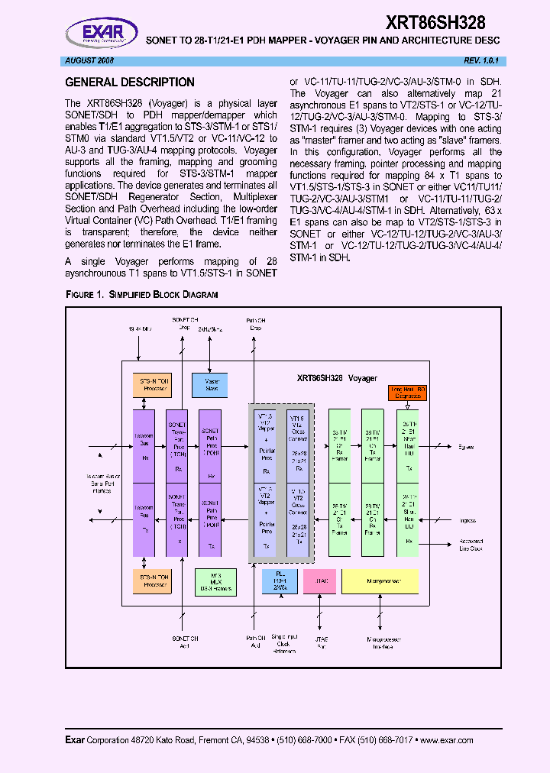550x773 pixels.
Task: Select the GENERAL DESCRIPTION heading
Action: click(130, 82)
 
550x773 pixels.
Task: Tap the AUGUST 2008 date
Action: click(88, 60)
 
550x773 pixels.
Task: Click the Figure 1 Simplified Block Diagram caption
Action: click(141, 294)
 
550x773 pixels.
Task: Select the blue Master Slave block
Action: click(212, 383)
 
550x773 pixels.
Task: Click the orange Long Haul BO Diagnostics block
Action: click(408, 393)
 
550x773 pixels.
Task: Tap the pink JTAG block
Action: click(320, 581)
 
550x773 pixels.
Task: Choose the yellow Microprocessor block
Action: click(380, 581)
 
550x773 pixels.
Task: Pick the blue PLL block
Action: click(280, 581)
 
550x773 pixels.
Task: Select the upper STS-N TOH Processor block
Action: click(152, 384)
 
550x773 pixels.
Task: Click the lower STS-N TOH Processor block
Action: click(152, 581)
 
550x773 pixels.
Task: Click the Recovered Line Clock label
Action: click(471, 545)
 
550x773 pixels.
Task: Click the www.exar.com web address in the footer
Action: click(446, 739)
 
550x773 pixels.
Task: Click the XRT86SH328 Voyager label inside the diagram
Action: click(337, 378)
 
